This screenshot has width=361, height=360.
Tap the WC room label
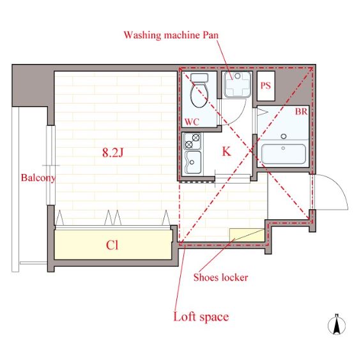tap(192, 122)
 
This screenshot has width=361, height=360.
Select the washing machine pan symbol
tap(238, 84)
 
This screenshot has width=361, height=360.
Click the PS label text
tap(266, 86)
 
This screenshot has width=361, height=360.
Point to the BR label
tap(302, 112)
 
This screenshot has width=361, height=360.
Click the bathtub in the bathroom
tap(284, 154)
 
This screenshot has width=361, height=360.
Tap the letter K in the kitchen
tap(226, 152)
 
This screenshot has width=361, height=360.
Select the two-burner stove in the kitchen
tap(192, 141)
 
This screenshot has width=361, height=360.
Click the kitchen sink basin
tap(194, 162)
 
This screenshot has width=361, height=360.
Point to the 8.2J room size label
tap(113, 153)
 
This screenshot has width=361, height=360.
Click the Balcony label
tap(38, 178)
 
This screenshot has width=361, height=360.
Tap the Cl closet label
tap(112, 246)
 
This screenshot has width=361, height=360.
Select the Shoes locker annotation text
tap(220, 278)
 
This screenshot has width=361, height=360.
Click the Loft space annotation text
tap(201, 317)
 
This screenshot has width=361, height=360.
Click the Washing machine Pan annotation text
tap(171, 35)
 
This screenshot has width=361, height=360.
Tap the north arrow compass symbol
tap(337, 324)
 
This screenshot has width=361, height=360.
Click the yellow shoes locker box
tap(247, 235)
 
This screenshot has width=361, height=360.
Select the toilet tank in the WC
tap(199, 78)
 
